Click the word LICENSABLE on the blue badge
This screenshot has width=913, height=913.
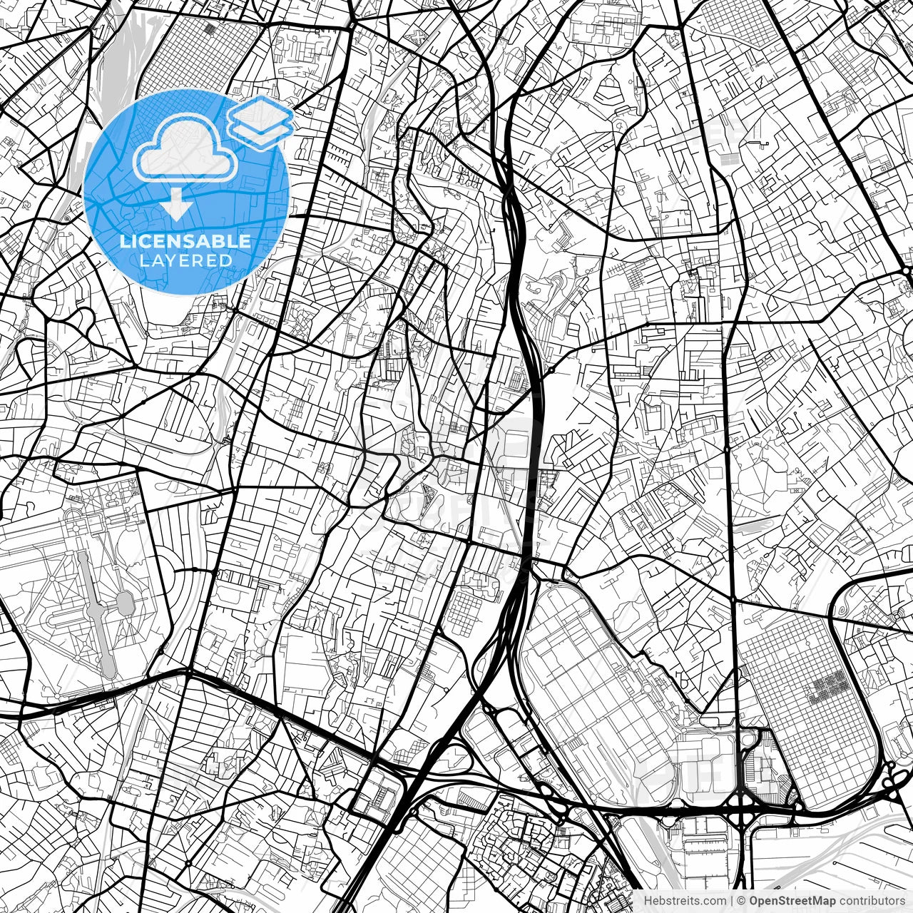coord(185,241)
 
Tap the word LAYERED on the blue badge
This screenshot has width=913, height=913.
coord(185,261)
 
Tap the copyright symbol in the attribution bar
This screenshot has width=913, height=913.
coord(742,901)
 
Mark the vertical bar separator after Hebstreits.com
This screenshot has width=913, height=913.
coord(732,901)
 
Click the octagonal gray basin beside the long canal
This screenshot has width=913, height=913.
coord(126,605)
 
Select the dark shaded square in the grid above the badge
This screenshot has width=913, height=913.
coord(210,29)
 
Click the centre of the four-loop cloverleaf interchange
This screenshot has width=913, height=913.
coord(743,810)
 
